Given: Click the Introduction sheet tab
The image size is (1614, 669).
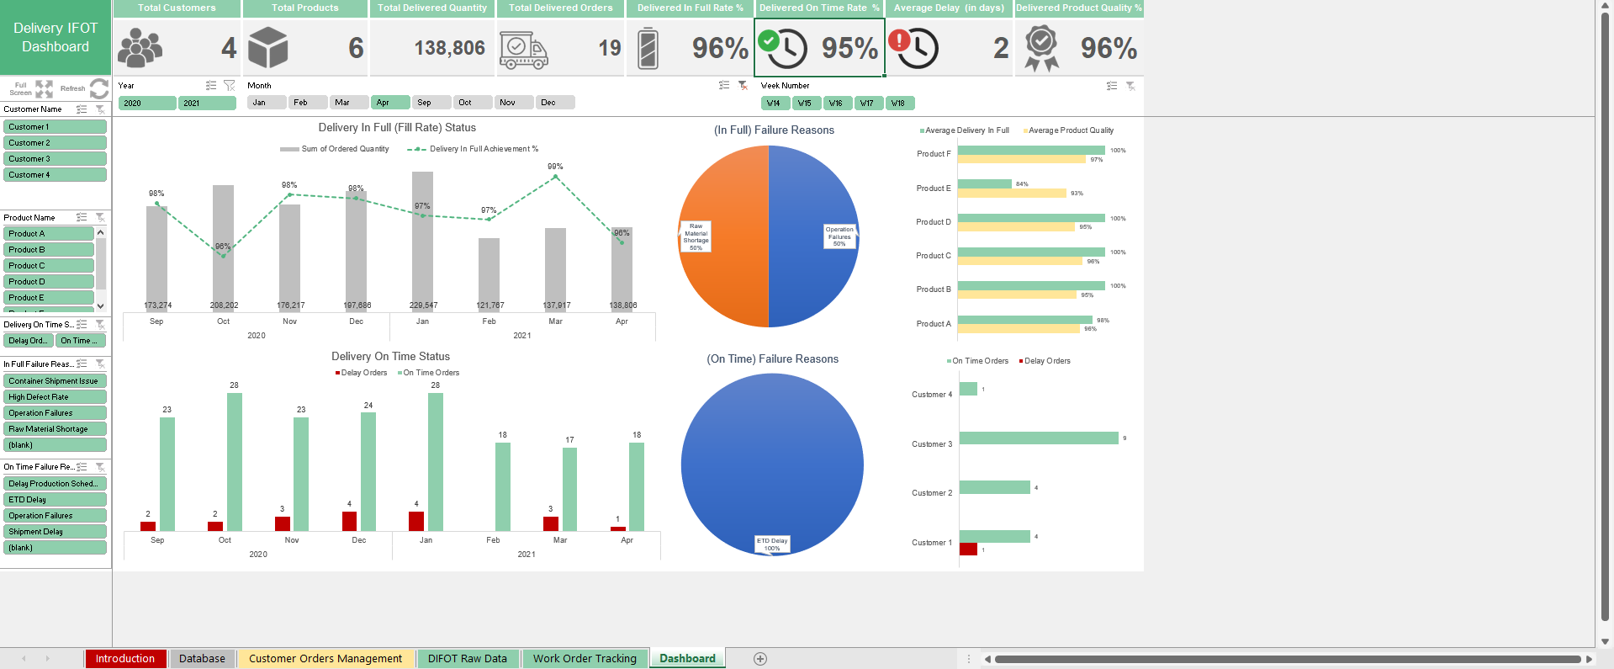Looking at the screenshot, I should [125, 659].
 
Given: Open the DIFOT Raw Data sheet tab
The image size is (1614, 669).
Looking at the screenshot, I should [467, 659].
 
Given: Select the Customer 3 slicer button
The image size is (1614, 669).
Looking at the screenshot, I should [55, 159].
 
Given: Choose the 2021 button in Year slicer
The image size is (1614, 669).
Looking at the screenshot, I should [207, 103].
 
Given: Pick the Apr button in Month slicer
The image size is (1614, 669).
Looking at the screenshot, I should [389, 103].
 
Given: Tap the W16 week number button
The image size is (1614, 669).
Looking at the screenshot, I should [836, 104].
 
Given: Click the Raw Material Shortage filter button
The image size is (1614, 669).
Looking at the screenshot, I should [55, 429].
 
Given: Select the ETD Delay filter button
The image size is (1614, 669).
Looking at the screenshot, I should [55, 500].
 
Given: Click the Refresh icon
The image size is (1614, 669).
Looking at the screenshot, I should [99, 88].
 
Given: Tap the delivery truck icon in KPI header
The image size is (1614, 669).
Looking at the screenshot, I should [523, 50].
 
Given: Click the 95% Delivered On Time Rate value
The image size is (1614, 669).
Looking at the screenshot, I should [849, 49].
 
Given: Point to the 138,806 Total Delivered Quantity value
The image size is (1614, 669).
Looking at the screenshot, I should [449, 49].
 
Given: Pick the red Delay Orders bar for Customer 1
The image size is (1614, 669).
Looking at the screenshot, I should [968, 550].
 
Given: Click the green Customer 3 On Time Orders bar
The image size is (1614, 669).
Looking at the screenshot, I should [1039, 438].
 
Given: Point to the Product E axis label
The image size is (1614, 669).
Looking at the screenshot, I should [934, 188].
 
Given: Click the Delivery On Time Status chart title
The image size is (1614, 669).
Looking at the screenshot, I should [390, 357].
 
